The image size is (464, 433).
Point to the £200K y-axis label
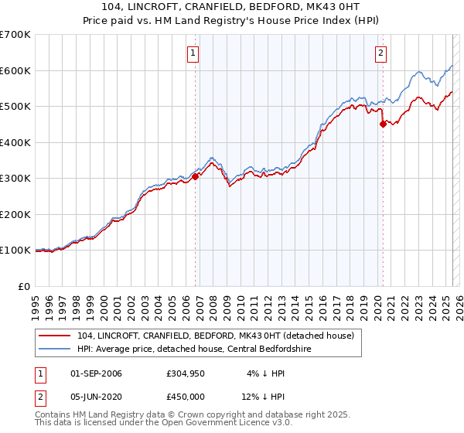coord(15,214)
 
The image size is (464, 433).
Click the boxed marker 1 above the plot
coord(193,53)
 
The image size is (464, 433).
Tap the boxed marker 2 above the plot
coord(381,53)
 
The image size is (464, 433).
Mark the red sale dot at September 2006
coord(196,176)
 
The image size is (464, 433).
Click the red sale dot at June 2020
coord(383,124)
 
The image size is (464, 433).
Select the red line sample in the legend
coord(55,336)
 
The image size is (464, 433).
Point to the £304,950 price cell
coord(186,373)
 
